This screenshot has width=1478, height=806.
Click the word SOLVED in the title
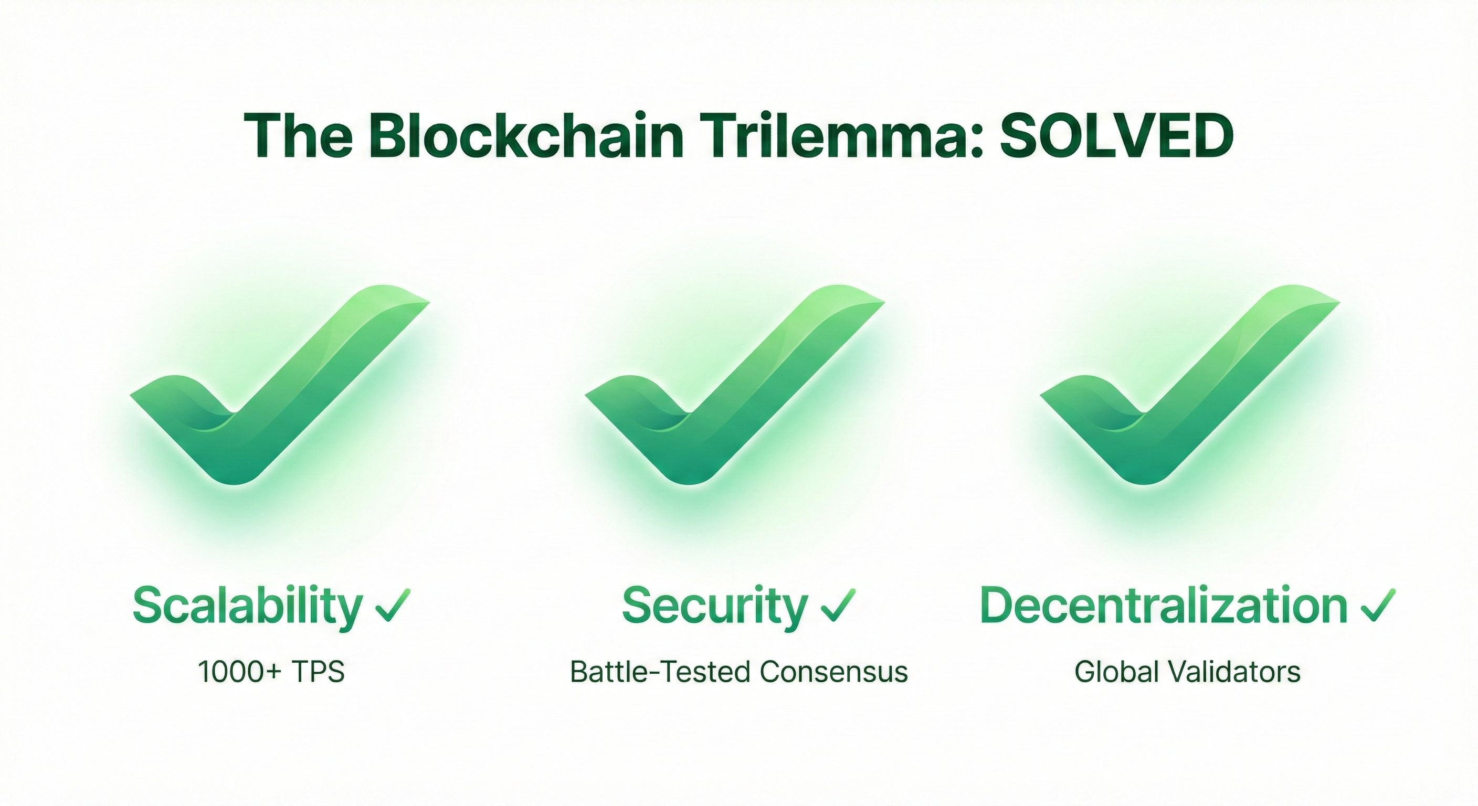coord(1116,136)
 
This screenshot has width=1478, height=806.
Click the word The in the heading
coord(298,136)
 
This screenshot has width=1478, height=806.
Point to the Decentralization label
coord(1164,606)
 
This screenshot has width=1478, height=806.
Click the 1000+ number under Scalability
coord(240,672)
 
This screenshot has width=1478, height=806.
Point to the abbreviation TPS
coord(318,672)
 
